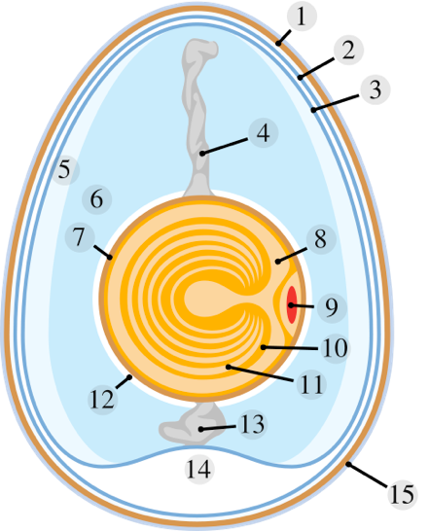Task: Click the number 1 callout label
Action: click(302, 16)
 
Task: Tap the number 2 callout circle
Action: click(348, 50)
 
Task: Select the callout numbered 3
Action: click(375, 89)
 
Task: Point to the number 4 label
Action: click(264, 132)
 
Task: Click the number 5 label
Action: click(65, 169)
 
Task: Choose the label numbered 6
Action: click(96, 199)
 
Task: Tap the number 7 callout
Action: click(80, 236)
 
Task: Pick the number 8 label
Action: click(321, 239)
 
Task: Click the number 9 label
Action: click(332, 307)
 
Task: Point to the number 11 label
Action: click(311, 384)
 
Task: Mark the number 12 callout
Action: click(103, 400)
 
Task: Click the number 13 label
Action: click(252, 424)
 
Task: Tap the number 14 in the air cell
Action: click(199, 470)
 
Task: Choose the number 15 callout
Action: click(402, 495)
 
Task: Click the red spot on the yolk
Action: click(292, 304)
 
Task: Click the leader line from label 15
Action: click(368, 476)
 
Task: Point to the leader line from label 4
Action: click(224, 146)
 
